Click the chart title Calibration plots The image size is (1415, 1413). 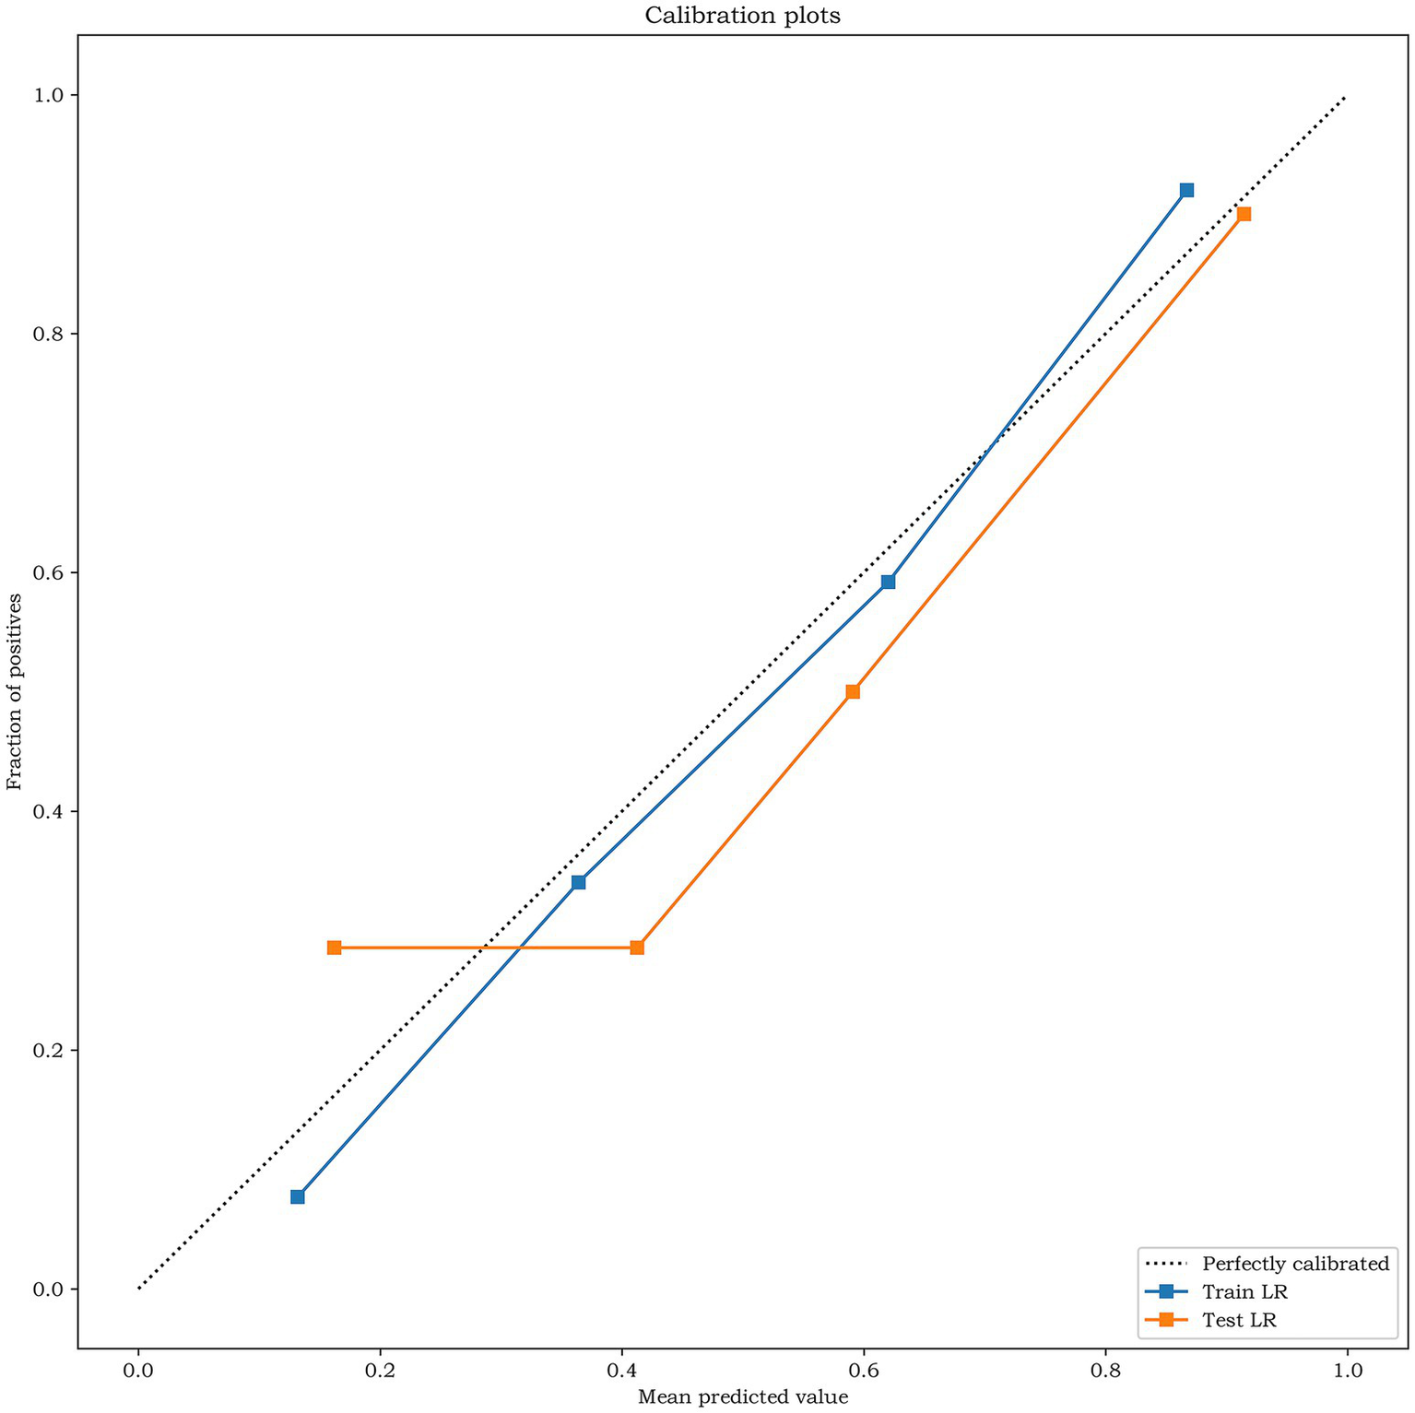[x=742, y=16]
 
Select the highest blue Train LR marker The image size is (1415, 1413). [x=1186, y=190]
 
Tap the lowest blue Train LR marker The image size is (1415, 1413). [x=297, y=1196]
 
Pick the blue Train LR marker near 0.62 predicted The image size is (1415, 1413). [x=888, y=582]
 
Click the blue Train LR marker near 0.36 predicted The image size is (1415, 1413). [x=578, y=882]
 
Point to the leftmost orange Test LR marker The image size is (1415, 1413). [x=334, y=948]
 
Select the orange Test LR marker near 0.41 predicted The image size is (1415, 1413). [x=637, y=948]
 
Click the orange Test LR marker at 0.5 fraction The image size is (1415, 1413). [x=853, y=691]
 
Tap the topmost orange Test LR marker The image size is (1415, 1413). [x=1244, y=214]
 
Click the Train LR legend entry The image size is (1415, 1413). [x=1244, y=1292]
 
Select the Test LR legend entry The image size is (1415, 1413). [x=1239, y=1320]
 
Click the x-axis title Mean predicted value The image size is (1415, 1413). [x=742, y=1396]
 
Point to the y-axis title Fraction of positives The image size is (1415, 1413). [x=14, y=692]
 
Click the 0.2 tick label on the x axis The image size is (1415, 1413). [x=380, y=1371]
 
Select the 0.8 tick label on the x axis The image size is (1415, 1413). [x=1105, y=1371]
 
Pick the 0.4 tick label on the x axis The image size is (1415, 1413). [x=621, y=1371]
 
